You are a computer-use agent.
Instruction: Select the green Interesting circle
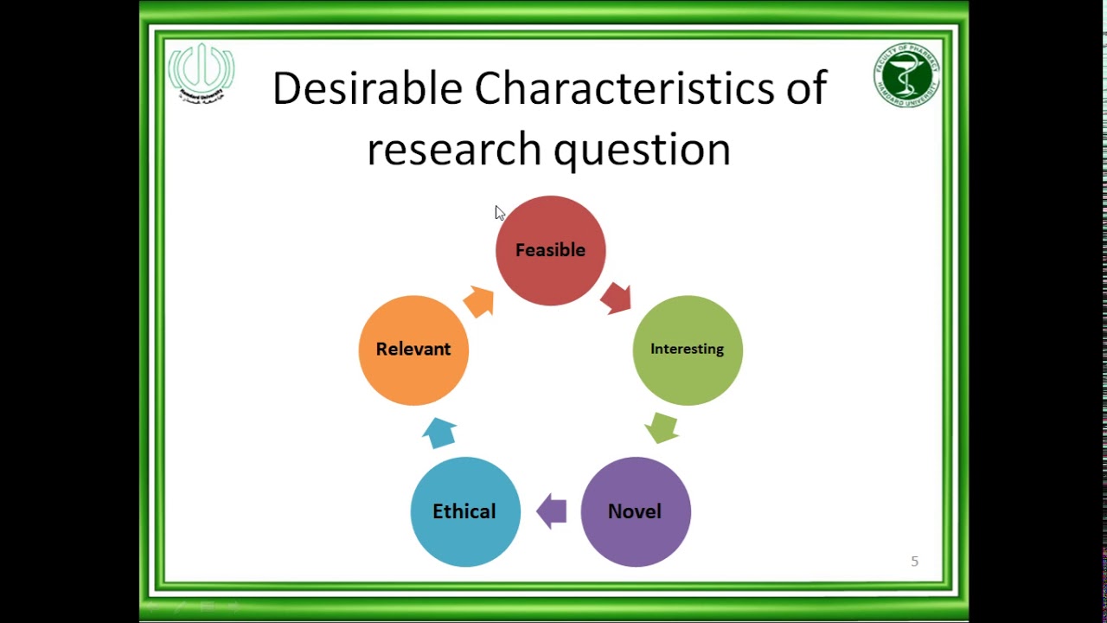688,350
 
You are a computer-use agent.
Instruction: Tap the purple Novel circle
636,511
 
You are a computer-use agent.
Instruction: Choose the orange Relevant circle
413,350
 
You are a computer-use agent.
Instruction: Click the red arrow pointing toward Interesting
617,298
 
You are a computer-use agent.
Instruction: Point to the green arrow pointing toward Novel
662,427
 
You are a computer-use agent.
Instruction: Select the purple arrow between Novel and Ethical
551,511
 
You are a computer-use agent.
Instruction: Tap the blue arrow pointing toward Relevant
440,432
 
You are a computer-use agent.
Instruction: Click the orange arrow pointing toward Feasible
479,302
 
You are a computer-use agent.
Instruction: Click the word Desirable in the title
368,89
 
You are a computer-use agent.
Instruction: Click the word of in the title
806,89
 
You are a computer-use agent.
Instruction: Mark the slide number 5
914,562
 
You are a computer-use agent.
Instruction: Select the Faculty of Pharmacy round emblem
906,76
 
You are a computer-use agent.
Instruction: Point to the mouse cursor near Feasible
499,213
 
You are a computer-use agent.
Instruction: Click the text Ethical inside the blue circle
464,511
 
